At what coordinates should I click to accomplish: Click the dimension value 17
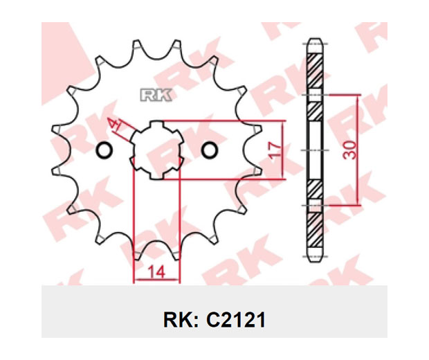pos(275,150)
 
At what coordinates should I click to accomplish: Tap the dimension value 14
pos(156,272)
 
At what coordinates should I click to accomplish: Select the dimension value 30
pos(351,150)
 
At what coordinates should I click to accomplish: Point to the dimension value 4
pos(113,124)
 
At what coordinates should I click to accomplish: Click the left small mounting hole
pos(104,150)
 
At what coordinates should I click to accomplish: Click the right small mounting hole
pos(210,150)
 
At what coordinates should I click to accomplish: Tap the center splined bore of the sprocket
pos(157,150)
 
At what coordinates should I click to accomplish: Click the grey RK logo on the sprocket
pos(156,96)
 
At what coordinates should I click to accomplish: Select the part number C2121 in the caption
pos(236,320)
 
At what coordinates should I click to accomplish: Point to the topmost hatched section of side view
pos(315,71)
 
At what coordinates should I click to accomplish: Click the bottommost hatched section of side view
pos(315,229)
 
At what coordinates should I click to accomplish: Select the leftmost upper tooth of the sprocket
pos(57,129)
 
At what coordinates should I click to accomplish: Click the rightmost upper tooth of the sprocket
pos(256,129)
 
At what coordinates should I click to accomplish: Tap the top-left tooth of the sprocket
pos(137,44)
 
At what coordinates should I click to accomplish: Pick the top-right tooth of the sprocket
pos(176,44)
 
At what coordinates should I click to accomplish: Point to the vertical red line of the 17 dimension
pos(283,150)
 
